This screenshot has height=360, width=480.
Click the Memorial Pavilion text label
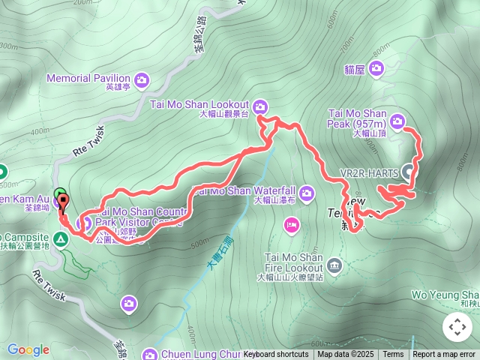[88, 78]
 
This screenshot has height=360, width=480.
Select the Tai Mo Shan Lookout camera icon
[259, 104]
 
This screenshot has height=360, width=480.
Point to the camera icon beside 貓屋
[376, 69]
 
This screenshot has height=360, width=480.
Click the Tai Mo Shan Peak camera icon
[397, 119]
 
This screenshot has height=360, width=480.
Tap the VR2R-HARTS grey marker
[409, 172]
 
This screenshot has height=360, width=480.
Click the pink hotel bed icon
[292, 223]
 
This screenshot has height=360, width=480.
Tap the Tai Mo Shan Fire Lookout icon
[334, 263]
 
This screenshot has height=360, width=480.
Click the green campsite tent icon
[60, 239]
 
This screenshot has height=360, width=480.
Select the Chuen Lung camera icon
[149, 354]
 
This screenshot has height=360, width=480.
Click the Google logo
[28, 349]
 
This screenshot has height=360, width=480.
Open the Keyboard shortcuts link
[275, 355]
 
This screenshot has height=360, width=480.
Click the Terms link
[393, 355]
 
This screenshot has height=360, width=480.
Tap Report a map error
[445, 355]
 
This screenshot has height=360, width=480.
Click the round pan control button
[457, 327]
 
